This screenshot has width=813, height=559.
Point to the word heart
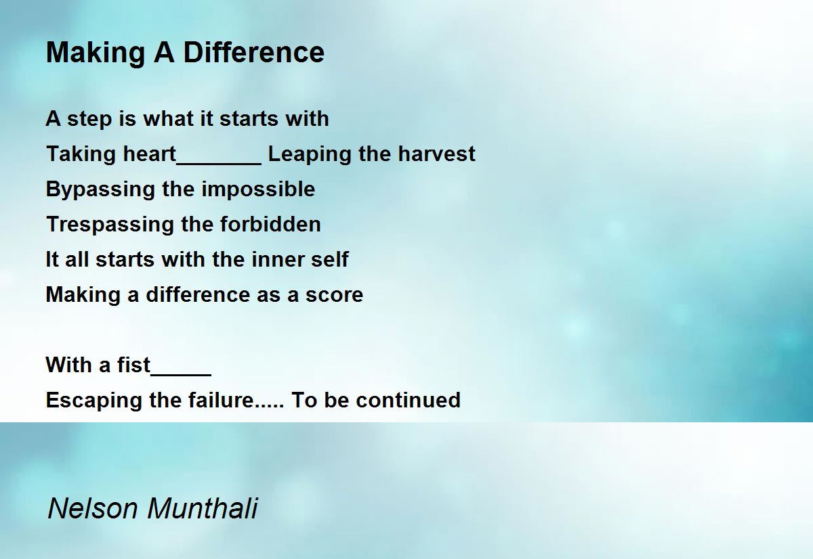pyautogui.click(x=149, y=154)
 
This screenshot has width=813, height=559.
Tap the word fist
pyautogui.click(x=133, y=365)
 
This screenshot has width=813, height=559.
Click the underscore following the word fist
pyautogui.click(x=181, y=373)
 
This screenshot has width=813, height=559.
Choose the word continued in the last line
pyautogui.click(x=408, y=400)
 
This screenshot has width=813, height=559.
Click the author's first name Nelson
pyautogui.click(x=93, y=508)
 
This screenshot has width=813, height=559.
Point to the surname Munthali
pyautogui.click(x=203, y=508)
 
